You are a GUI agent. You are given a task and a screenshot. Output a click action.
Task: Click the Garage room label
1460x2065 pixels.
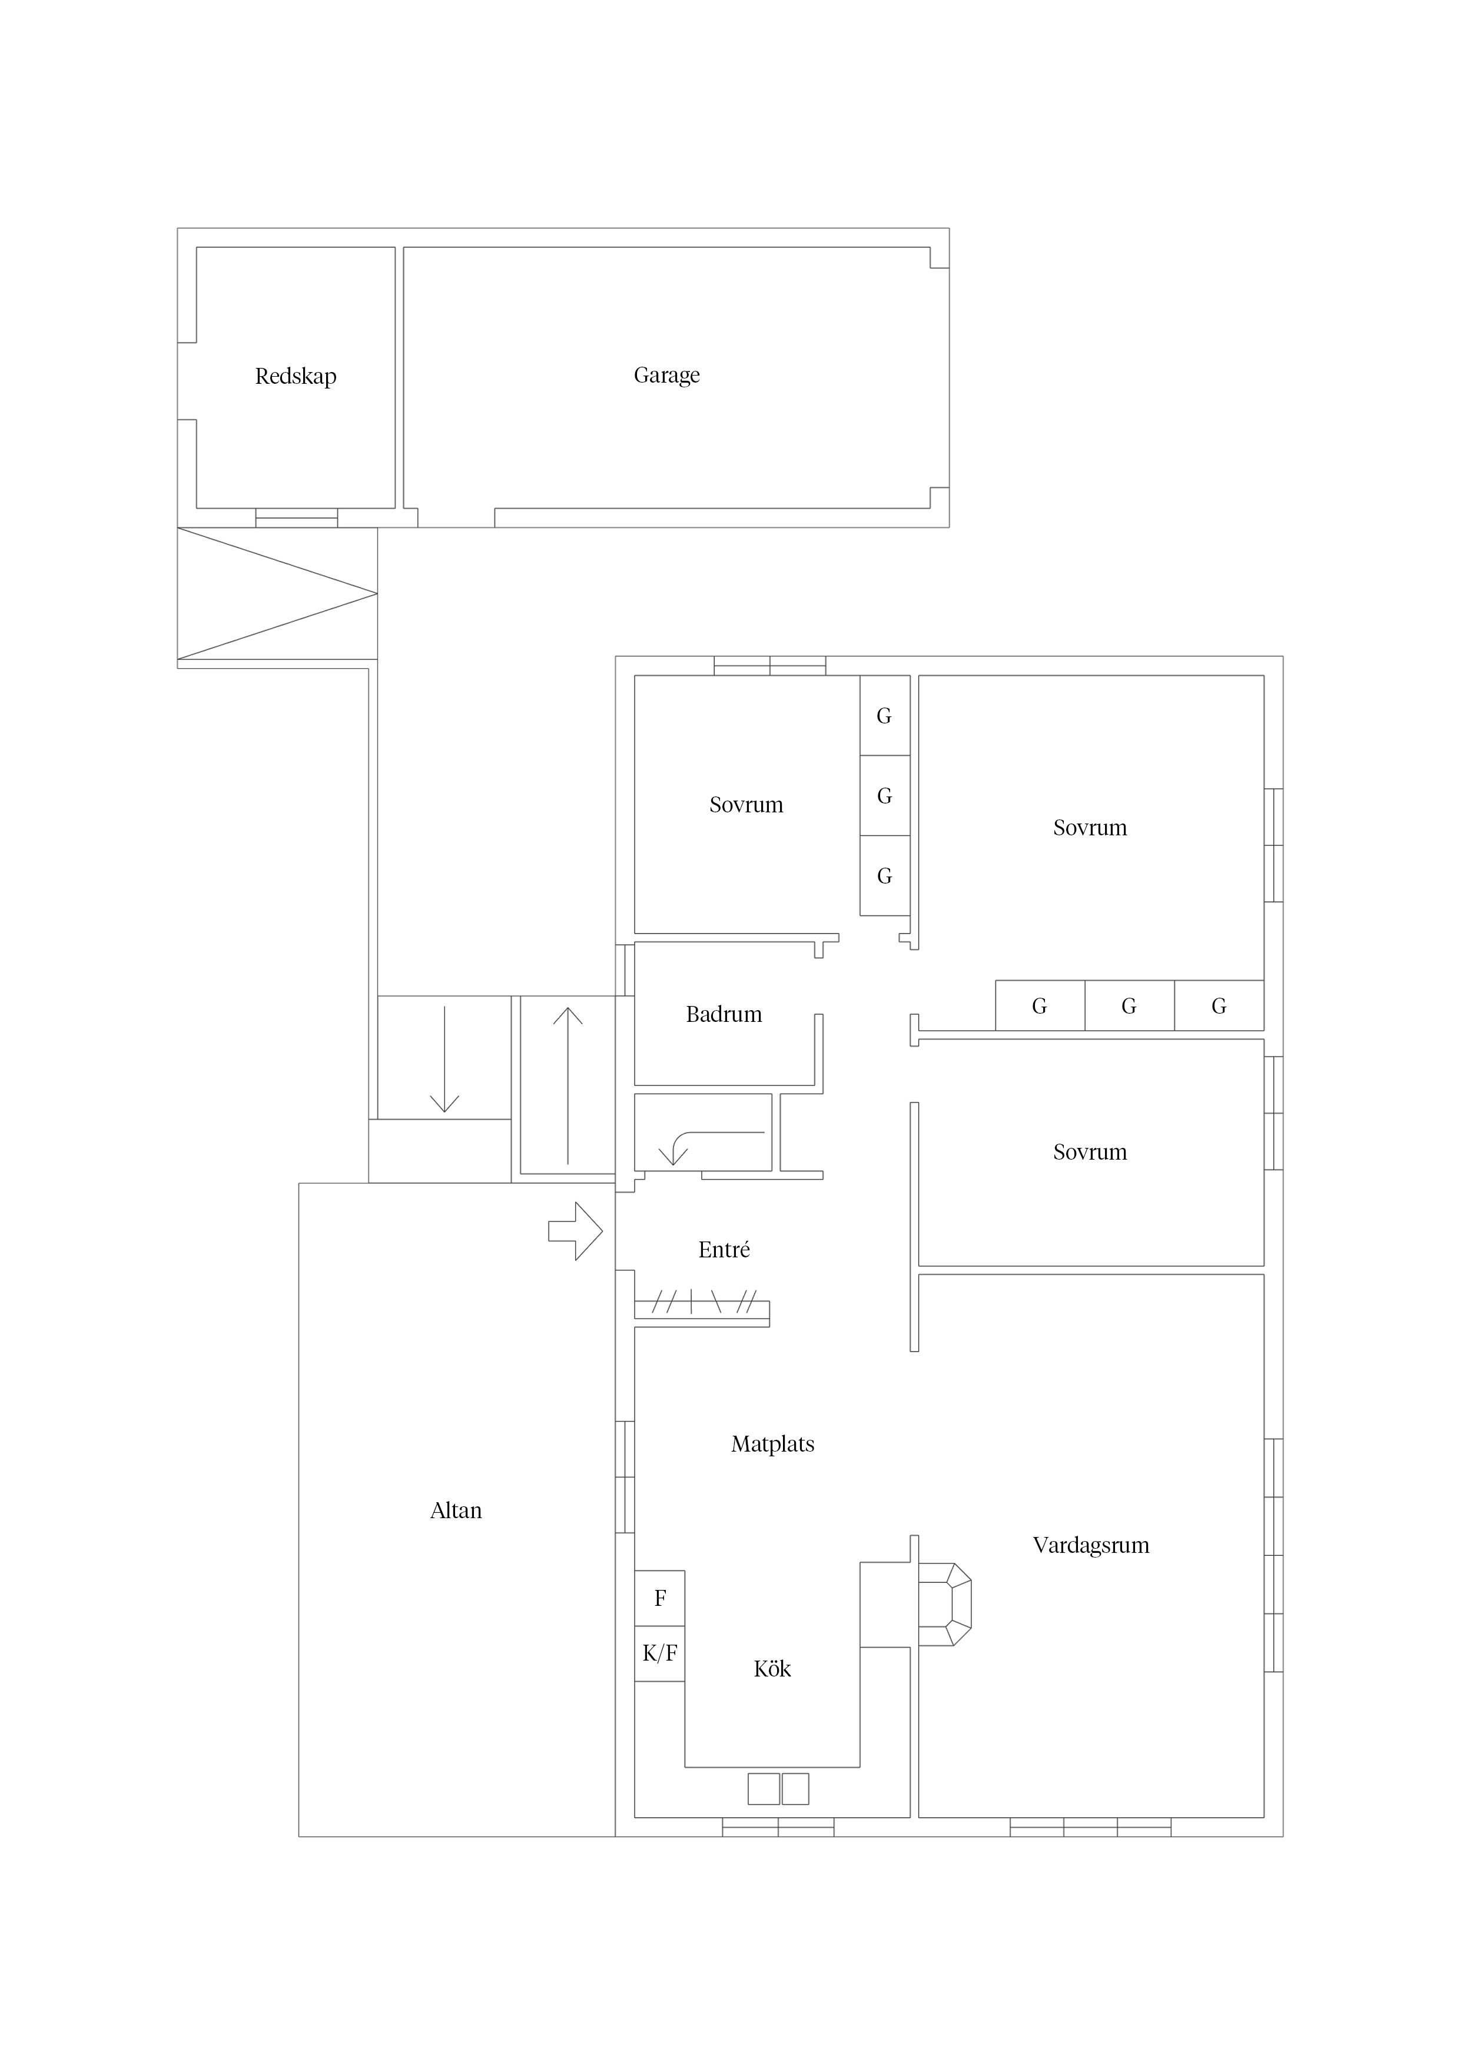pos(666,375)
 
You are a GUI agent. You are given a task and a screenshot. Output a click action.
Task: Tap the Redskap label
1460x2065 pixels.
pos(296,376)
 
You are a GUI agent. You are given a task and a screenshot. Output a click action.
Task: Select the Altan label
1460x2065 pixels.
pos(456,1510)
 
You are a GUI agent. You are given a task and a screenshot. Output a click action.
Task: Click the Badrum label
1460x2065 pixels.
pos(724,1014)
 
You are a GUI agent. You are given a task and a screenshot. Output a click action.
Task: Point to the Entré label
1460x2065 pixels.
pos(724,1249)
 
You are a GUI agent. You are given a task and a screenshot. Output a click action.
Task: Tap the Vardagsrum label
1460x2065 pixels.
pos(1091,1546)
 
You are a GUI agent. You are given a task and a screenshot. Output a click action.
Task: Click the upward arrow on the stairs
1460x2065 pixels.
pos(568,1085)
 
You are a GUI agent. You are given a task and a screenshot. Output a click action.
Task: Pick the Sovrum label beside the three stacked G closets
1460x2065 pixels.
pos(746,805)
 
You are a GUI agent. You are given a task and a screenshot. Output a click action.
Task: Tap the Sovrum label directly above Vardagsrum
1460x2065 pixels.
pos(1090,1152)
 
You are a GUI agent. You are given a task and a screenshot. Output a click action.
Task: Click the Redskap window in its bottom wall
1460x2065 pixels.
pos(297,518)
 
